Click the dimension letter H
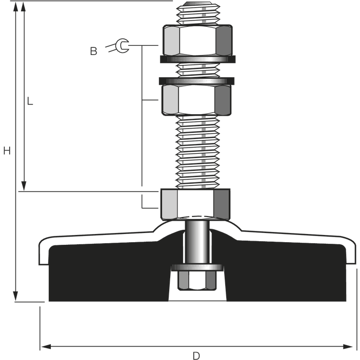click(x=7, y=151)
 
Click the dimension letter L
click(x=30, y=101)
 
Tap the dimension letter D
click(x=196, y=356)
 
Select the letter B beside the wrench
click(x=94, y=51)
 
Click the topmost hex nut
click(x=197, y=40)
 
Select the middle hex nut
click(x=196, y=100)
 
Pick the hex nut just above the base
click(x=195, y=204)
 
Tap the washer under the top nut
click(x=197, y=59)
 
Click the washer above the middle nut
click(x=196, y=81)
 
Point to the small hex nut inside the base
click(x=197, y=281)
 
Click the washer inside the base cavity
click(x=197, y=267)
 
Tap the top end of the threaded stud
click(x=198, y=3)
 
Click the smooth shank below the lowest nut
click(x=197, y=242)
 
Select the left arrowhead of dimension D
click(x=45, y=347)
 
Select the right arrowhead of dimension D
click(x=348, y=347)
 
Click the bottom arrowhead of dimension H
click(x=15, y=296)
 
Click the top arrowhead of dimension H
click(x=15, y=6)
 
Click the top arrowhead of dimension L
click(x=23, y=6)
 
